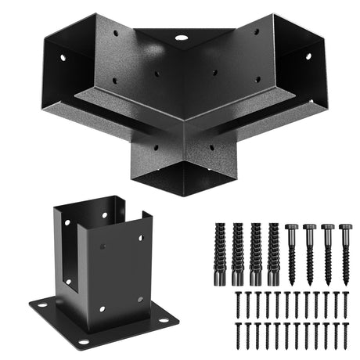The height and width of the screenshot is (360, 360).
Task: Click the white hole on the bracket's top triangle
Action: click(182, 37)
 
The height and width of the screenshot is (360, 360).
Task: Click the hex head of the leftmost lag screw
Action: click(291, 228)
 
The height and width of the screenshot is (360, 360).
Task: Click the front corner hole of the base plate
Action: click(83, 341)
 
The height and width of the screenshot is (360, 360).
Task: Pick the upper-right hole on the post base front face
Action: click(141, 235)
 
